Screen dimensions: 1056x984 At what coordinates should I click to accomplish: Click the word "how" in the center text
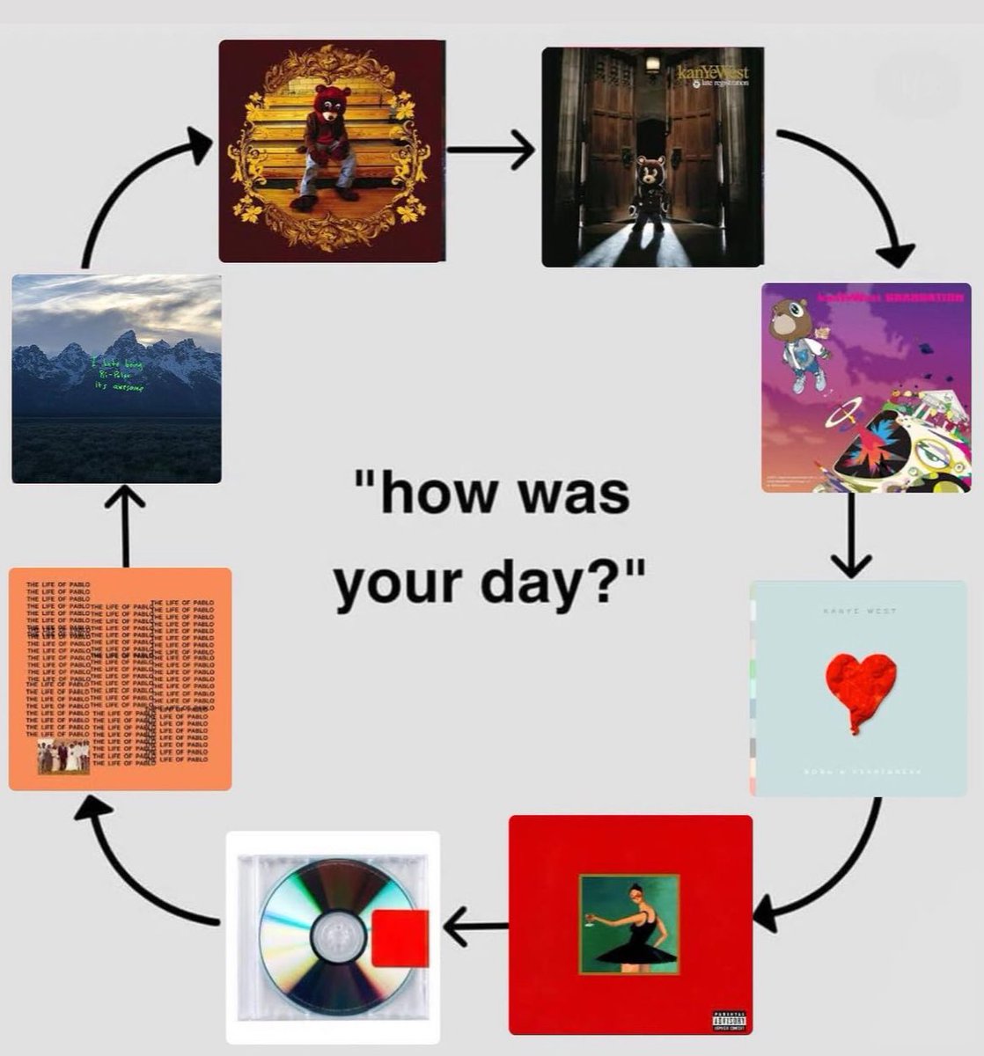point(424,495)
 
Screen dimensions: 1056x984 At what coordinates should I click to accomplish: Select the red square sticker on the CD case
point(400,939)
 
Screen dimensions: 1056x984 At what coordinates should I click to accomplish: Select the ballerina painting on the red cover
point(628,924)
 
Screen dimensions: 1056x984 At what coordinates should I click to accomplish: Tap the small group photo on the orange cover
point(63,757)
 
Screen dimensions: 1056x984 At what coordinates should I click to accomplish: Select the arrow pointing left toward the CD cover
point(475,926)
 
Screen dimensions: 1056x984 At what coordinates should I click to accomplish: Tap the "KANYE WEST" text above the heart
point(859,610)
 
